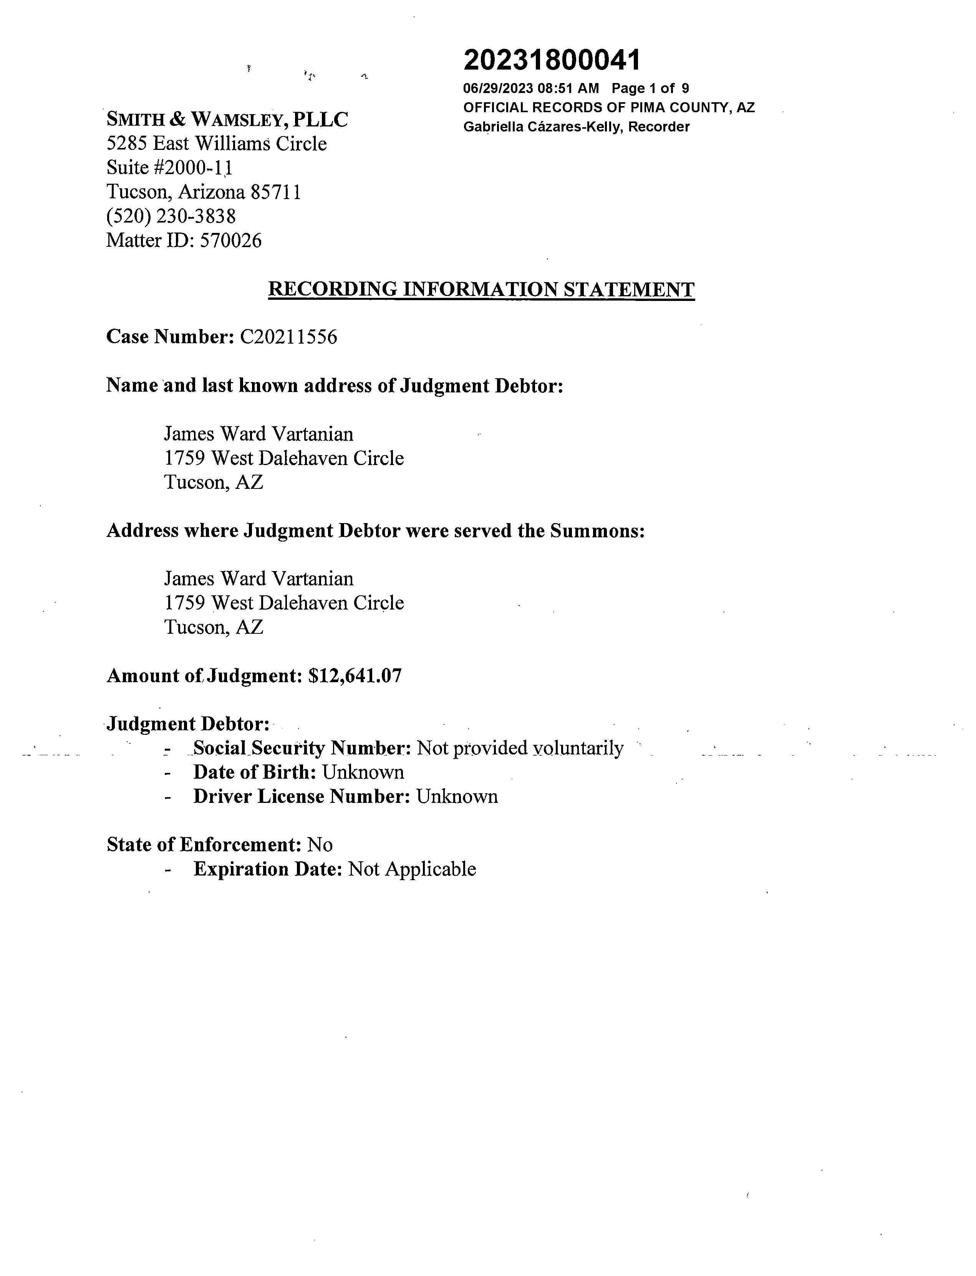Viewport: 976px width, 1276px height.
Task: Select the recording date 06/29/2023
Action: tap(498, 88)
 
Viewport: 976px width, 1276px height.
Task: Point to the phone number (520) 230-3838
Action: tap(171, 216)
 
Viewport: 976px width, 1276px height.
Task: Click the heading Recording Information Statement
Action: tap(481, 289)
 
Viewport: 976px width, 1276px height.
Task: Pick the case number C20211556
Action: tap(288, 337)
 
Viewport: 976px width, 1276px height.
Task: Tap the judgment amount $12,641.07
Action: tap(355, 676)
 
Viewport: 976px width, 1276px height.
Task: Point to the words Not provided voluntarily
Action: tap(520, 748)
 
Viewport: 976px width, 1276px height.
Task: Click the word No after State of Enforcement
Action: tap(320, 845)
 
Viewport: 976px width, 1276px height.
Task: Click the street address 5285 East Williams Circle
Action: tap(216, 144)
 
